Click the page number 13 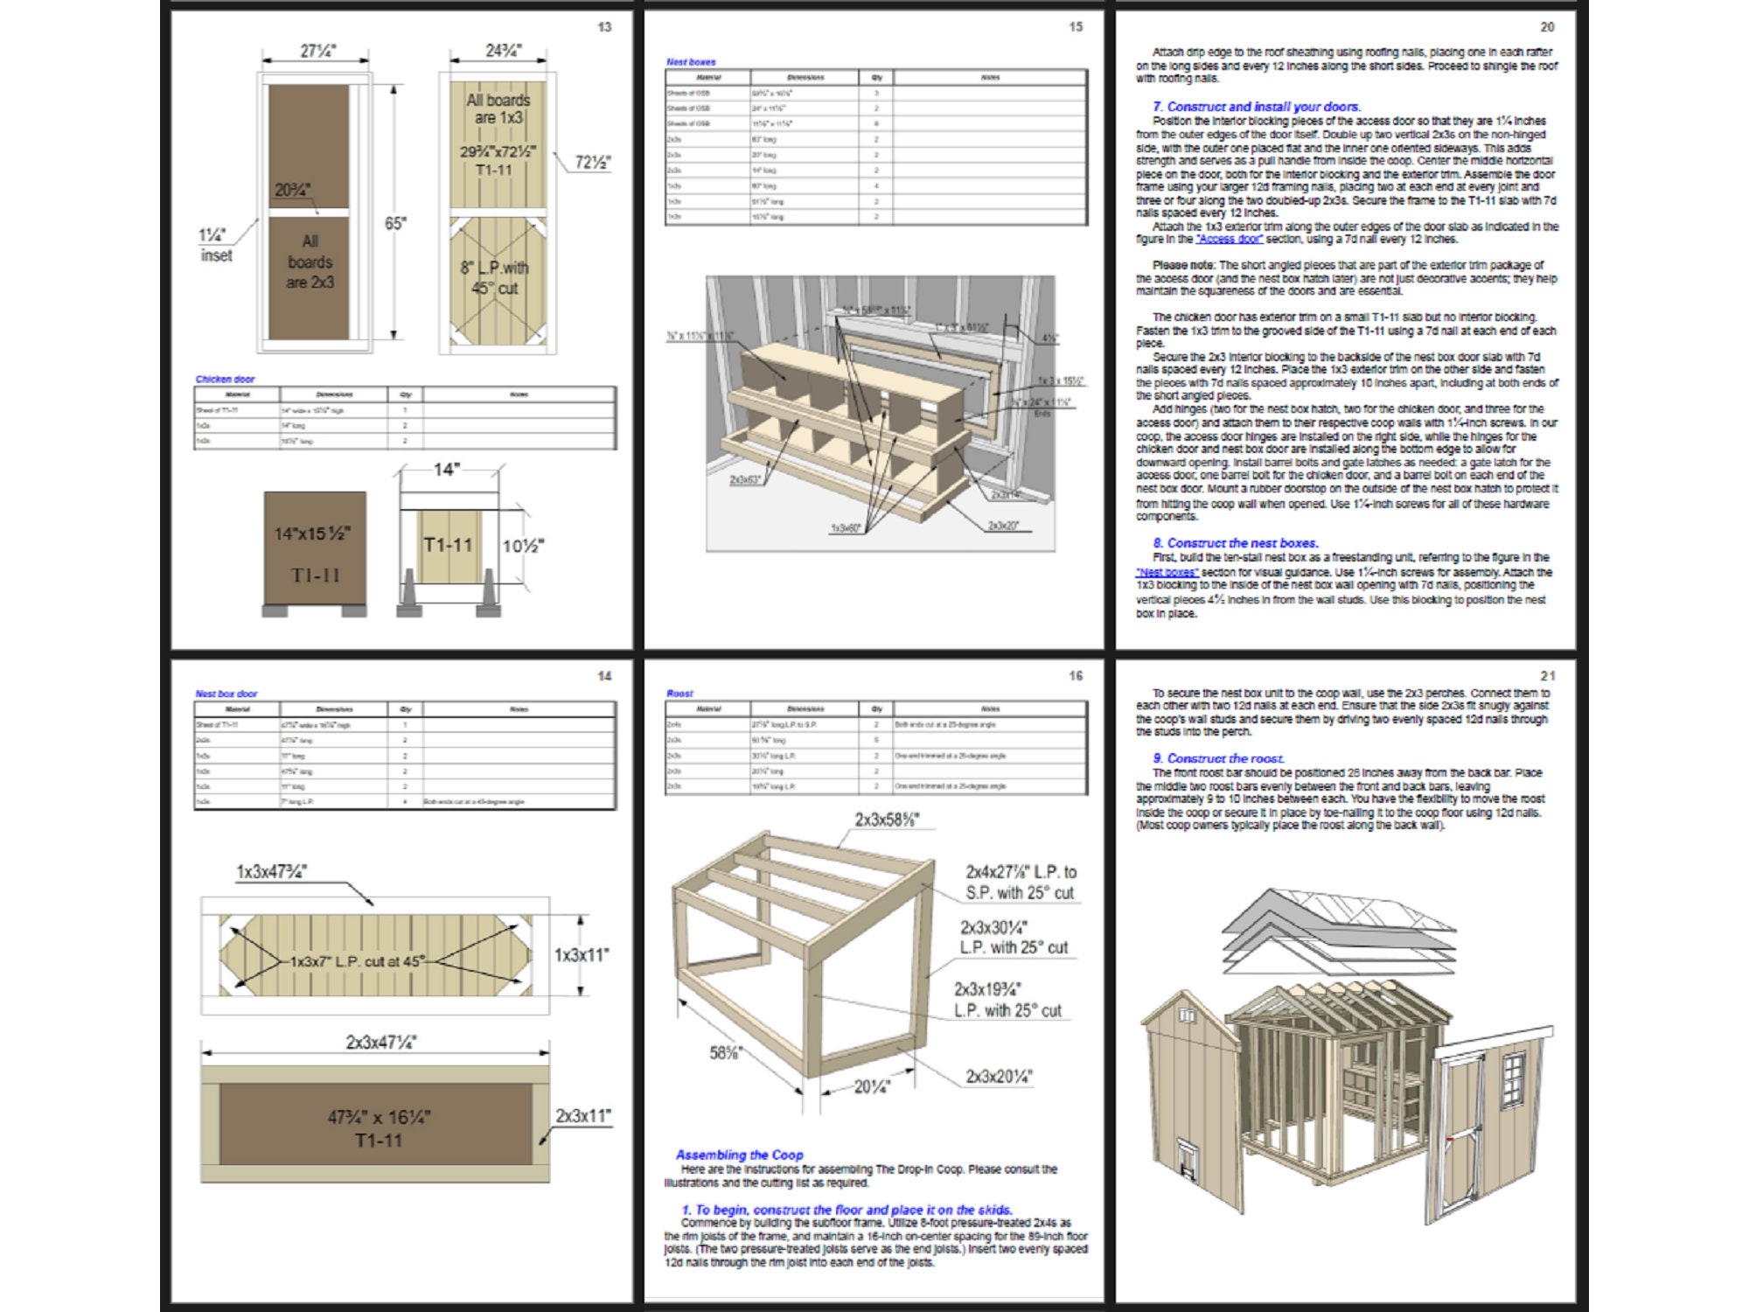604,27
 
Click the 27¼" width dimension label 317,51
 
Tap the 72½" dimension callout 592,162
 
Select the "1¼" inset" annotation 214,246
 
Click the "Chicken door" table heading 225,379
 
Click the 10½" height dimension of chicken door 523,546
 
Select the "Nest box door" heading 226,694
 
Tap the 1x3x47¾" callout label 272,871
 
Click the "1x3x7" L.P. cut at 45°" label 358,960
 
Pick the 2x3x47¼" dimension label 380,1042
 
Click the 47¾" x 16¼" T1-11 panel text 379,1128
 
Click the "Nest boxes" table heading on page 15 691,62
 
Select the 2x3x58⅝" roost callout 887,820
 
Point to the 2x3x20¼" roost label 999,1077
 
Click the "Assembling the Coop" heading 739,1155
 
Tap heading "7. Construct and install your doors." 1256,107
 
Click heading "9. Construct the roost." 1218,758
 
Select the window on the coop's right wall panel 1513,1082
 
